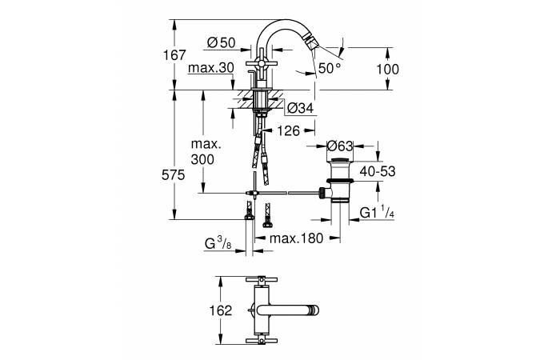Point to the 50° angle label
(330, 69)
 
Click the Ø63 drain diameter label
(342, 146)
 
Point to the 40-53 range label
(379, 171)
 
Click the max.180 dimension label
(297, 238)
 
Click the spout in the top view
(292, 310)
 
